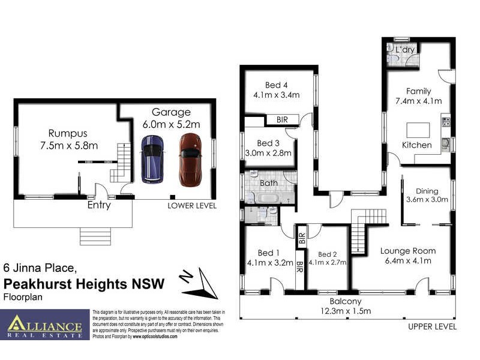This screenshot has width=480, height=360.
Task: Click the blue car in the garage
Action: (x=152, y=159)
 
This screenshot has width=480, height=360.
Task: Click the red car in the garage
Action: (x=190, y=159)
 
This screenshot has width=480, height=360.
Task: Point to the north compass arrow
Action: (x=200, y=284)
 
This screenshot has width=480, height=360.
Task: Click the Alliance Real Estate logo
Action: (x=45, y=325)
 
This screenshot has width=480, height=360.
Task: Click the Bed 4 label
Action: (x=277, y=84)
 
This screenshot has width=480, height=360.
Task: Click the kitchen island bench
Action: (x=418, y=130)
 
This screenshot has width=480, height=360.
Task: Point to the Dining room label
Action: (x=427, y=190)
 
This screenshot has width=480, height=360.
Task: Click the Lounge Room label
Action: (x=407, y=251)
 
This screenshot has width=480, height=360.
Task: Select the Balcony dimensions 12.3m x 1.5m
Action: (x=345, y=311)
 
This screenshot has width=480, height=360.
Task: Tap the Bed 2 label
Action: (x=328, y=254)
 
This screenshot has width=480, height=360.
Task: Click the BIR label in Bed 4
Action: (x=282, y=120)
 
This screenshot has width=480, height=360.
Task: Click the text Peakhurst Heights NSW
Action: (x=84, y=284)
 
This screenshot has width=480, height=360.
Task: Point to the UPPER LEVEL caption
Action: (x=432, y=327)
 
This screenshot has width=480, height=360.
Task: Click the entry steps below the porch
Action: (x=95, y=236)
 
